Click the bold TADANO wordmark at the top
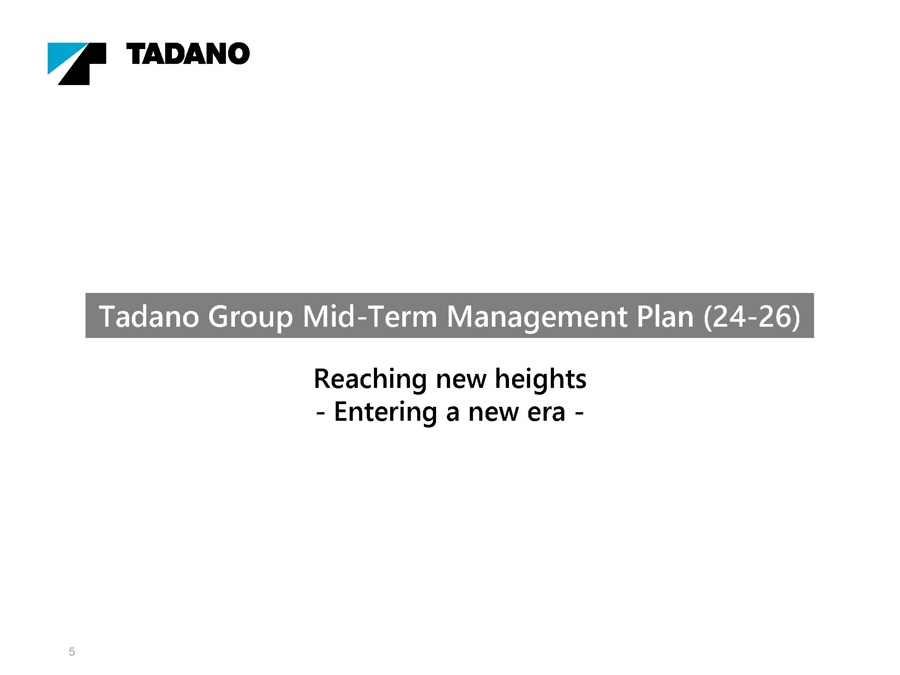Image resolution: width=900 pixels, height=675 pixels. (x=188, y=54)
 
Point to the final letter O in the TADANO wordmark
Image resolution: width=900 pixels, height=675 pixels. (x=238, y=54)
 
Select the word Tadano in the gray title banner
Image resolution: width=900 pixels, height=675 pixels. (x=149, y=316)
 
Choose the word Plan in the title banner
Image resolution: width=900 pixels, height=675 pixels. (x=665, y=316)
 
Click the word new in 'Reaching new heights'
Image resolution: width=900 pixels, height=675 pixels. (x=461, y=382)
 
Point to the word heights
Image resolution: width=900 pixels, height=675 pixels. (x=540, y=379)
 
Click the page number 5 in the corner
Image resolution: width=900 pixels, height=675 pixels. (x=72, y=652)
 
